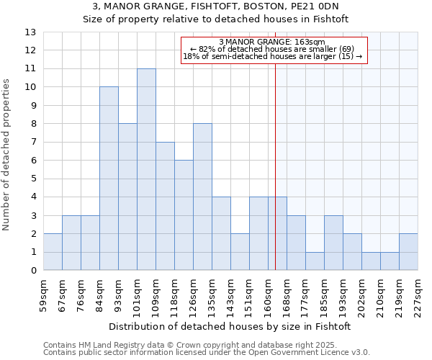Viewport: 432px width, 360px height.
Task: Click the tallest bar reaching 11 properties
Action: pos(146,169)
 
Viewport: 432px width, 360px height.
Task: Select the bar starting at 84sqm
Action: pos(109,179)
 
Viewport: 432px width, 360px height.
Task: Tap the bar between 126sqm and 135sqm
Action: pos(202,197)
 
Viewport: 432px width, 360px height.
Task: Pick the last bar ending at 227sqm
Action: pos(408,252)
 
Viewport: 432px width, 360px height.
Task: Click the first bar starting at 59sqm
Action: pos(53,252)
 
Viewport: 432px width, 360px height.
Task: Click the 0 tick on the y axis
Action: pos(33,271)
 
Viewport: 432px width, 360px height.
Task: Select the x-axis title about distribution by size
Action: pos(230,326)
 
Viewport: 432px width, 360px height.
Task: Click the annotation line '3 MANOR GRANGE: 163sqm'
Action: pos(274,42)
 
